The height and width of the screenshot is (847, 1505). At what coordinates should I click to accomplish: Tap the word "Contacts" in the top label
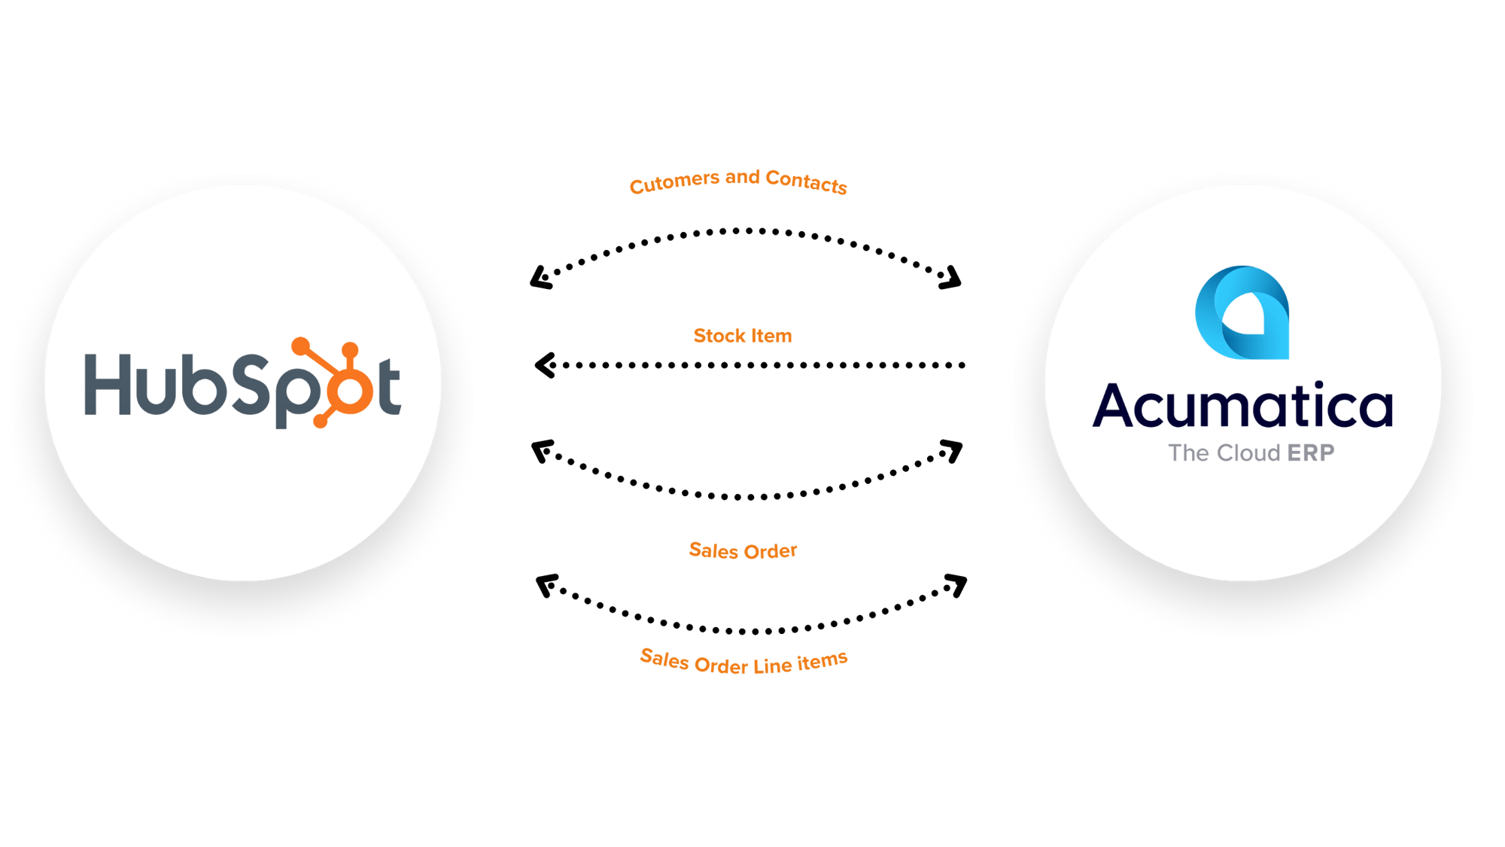tap(806, 181)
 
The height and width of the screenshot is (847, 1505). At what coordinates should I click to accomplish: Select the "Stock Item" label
tap(743, 336)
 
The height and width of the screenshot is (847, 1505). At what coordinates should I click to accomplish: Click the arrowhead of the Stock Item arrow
tap(545, 365)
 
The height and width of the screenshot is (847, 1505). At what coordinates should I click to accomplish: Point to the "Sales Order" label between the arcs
tap(743, 550)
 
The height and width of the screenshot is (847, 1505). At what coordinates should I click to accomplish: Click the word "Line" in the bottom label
tap(772, 666)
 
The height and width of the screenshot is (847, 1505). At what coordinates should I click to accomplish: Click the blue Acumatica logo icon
tap(1242, 312)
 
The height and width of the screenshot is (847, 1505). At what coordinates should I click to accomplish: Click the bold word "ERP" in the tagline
tap(1311, 452)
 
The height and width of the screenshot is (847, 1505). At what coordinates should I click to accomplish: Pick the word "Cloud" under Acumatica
tap(1248, 452)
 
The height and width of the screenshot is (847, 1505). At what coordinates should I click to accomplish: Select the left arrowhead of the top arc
tap(542, 278)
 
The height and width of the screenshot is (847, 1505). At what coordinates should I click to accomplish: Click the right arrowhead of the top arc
tap(951, 278)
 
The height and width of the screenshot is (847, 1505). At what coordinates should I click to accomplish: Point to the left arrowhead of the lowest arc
tap(547, 585)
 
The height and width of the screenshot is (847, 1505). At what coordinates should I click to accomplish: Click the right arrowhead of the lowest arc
tap(956, 585)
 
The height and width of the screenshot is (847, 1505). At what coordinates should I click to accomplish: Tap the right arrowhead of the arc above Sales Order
tap(952, 451)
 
